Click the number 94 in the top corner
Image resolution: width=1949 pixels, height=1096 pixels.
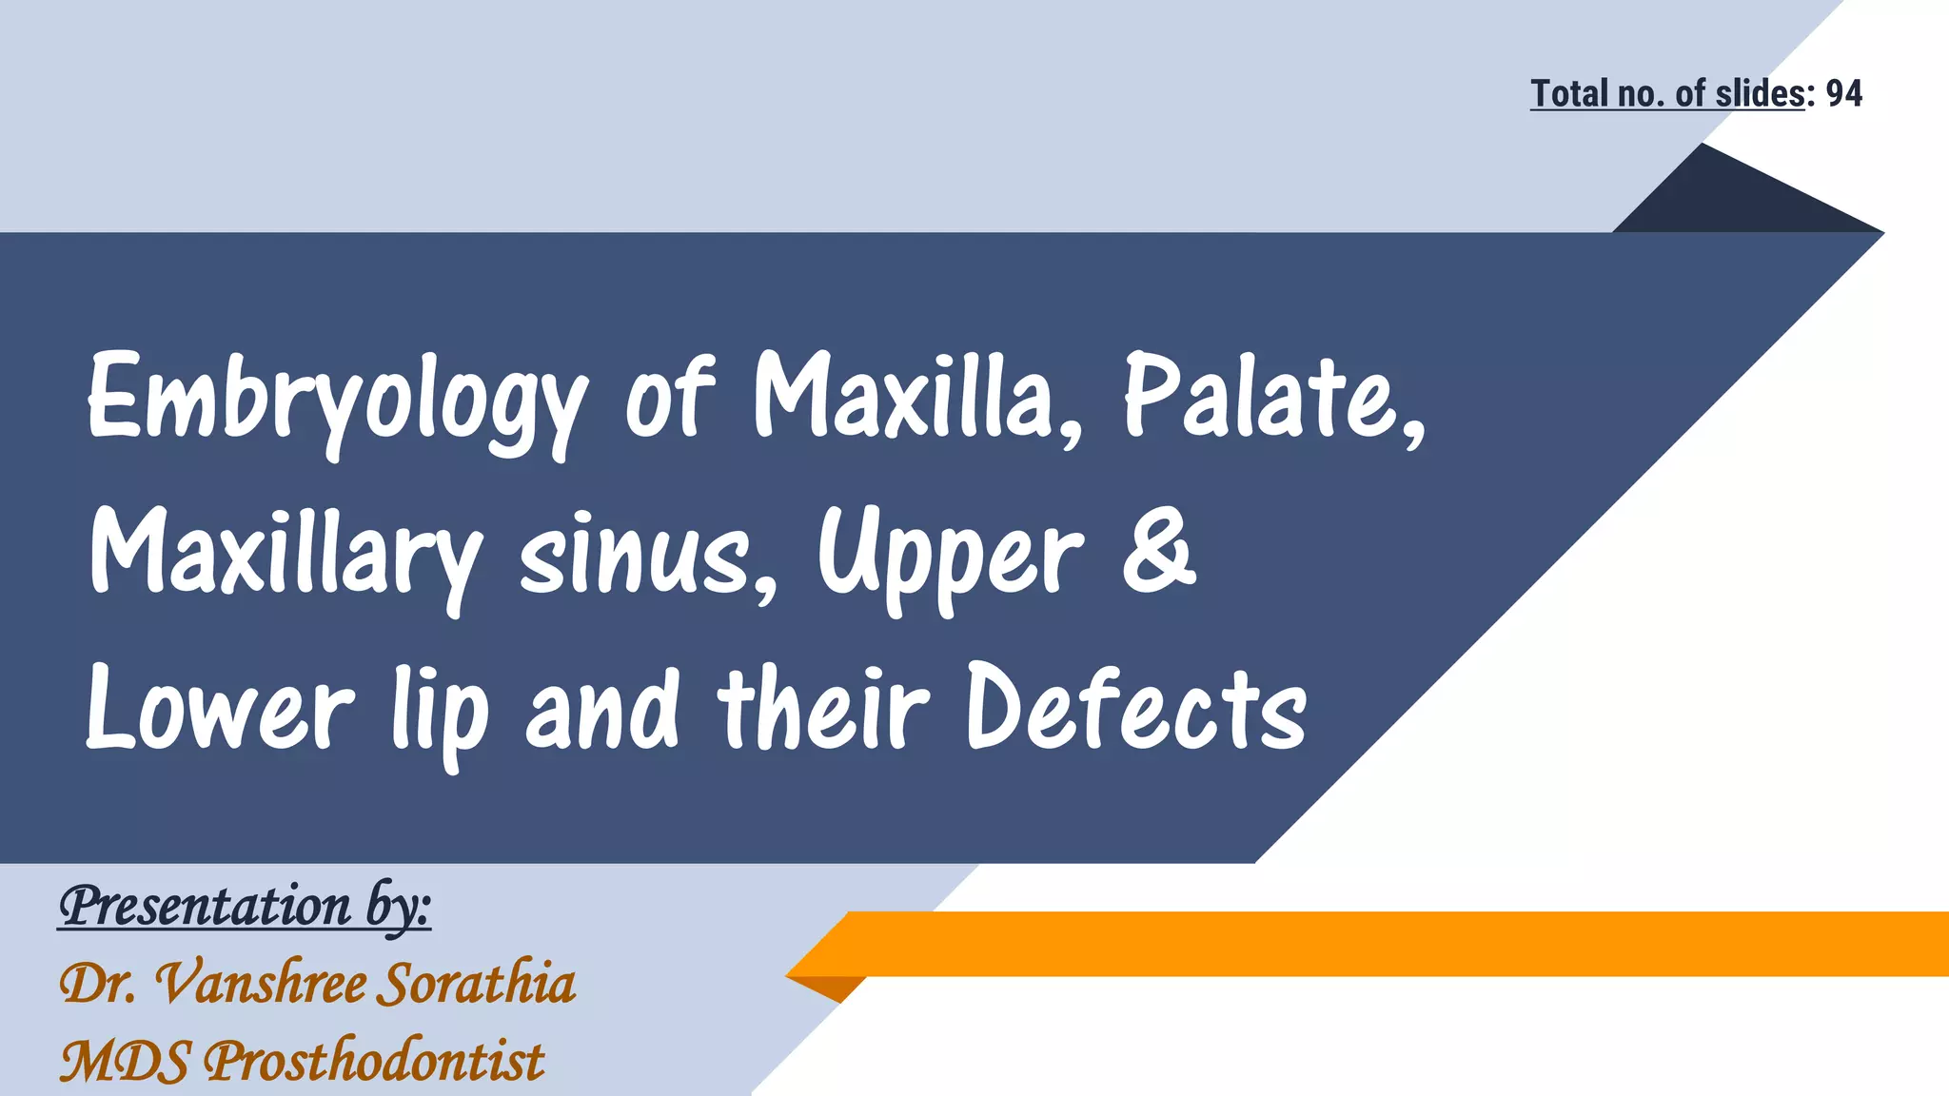1843,93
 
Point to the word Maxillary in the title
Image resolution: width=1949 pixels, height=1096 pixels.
285,556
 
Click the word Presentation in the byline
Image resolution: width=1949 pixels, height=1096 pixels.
205,905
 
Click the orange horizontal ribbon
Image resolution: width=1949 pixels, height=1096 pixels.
1380,943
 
